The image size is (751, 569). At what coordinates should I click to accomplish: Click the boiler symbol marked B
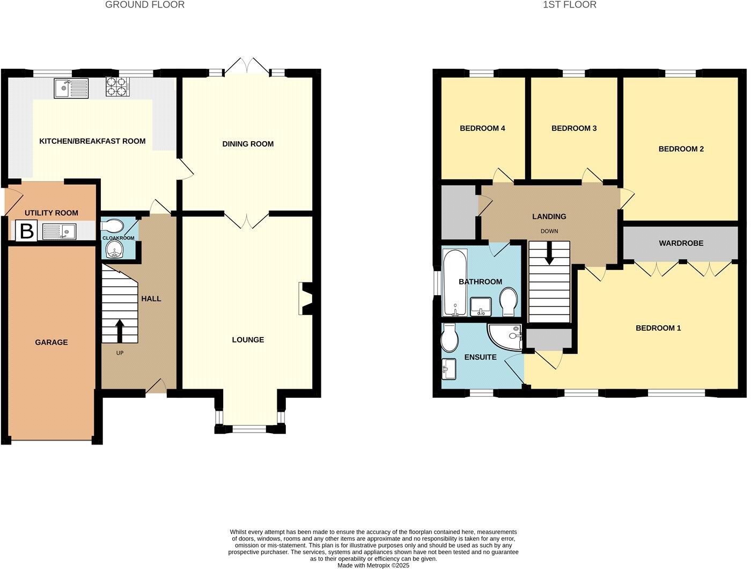26,231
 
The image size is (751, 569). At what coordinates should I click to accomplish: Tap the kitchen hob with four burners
118,87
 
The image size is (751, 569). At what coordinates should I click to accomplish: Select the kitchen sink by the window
71,88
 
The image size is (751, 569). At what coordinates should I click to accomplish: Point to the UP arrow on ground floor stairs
119,330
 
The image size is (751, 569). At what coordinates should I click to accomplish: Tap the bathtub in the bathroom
455,282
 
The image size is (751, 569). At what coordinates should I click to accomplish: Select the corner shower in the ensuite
505,337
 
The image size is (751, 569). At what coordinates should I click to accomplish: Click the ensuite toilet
448,338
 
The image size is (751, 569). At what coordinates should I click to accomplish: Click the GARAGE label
51,342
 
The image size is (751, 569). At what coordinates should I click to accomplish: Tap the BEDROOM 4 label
482,128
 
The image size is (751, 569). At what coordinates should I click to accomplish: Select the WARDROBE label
681,243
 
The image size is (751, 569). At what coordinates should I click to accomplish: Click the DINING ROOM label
248,144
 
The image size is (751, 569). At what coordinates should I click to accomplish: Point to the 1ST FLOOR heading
570,5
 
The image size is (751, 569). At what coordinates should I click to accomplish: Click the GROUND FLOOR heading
145,5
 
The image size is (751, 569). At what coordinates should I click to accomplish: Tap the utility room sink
60,231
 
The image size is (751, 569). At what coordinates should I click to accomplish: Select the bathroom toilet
509,302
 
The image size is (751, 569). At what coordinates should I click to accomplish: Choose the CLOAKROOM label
119,238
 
